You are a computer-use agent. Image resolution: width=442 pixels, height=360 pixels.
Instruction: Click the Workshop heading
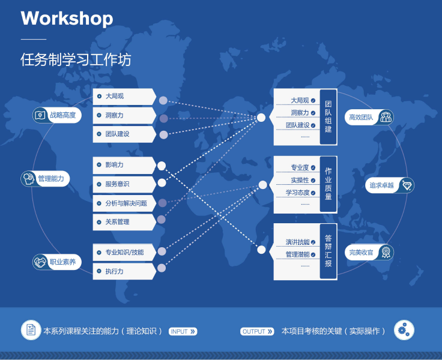[x=67, y=19]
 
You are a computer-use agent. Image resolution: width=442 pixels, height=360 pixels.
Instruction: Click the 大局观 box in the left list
[x=124, y=96]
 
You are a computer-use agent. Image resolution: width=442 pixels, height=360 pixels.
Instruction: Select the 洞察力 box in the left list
[x=124, y=115]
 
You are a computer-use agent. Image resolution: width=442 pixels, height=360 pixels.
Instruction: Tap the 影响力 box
[x=124, y=164]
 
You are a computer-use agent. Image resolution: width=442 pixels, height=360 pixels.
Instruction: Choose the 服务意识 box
[x=124, y=184]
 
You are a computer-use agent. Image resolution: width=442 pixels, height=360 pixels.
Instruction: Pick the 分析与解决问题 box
[x=124, y=203]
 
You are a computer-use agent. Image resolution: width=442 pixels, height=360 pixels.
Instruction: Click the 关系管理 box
[x=124, y=222]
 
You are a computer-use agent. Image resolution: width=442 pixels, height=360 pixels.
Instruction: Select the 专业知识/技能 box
[x=124, y=253]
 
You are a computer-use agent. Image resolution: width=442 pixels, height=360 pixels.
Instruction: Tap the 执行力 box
[x=124, y=272]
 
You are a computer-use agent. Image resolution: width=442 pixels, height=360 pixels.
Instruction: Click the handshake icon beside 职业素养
[x=40, y=262]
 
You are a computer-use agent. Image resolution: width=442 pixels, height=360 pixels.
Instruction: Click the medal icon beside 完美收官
[x=386, y=253]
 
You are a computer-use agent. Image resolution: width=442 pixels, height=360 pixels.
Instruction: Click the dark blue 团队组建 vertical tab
[x=328, y=117]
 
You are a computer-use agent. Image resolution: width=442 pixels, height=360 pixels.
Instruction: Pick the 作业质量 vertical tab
[x=328, y=184]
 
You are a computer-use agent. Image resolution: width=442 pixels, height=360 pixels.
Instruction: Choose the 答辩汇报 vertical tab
[x=328, y=251]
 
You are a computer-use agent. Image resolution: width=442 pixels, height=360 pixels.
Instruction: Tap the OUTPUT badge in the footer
[x=258, y=331]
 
